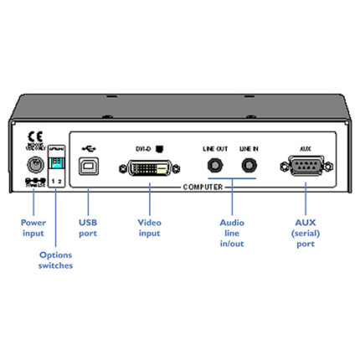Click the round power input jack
(33, 165)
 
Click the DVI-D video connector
(150, 167)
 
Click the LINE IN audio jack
(249, 165)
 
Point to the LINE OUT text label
(214, 147)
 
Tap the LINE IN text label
(249, 147)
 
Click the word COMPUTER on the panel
(203, 188)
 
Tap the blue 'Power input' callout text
(33, 229)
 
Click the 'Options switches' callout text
(56, 259)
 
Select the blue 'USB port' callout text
(89, 229)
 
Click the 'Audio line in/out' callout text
(231, 234)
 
